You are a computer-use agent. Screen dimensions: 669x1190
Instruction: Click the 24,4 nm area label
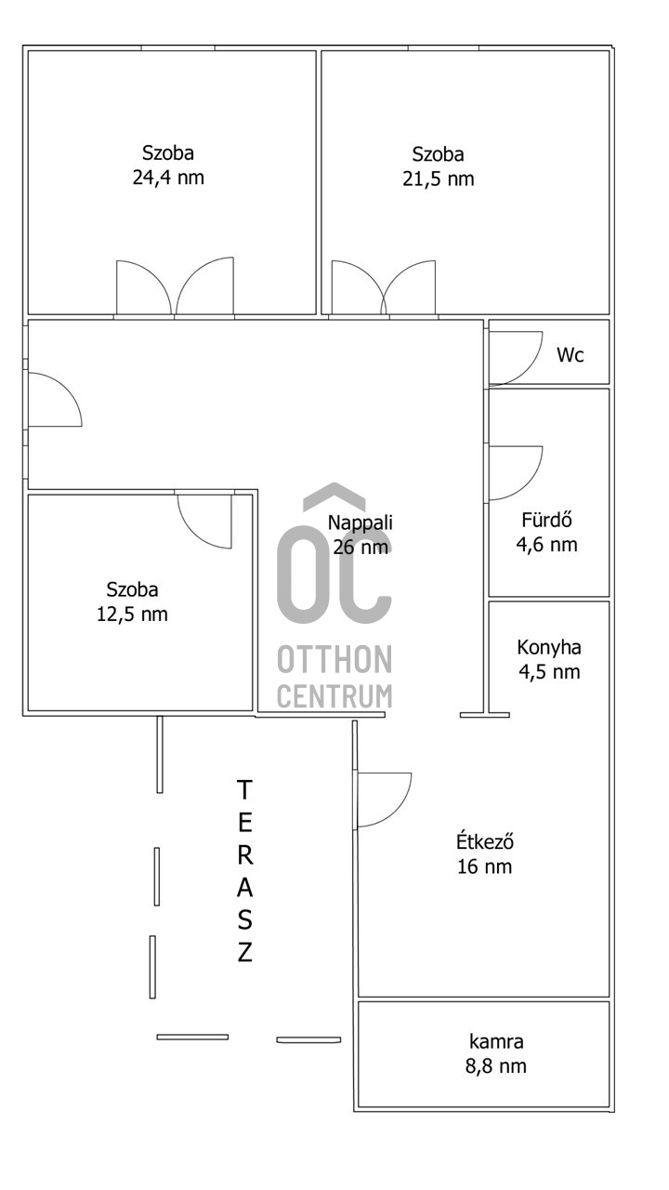click(x=168, y=178)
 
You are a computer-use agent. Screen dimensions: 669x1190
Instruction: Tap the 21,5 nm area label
click(x=438, y=178)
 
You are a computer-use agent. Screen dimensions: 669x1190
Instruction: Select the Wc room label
click(x=571, y=355)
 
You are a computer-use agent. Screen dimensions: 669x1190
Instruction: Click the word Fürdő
click(x=546, y=519)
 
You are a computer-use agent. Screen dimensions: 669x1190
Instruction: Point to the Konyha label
click(x=549, y=647)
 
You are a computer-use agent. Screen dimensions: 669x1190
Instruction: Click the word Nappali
click(x=360, y=522)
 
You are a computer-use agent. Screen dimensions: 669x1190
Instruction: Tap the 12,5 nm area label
click(x=132, y=615)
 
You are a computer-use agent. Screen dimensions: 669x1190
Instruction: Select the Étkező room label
click(x=485, y=841)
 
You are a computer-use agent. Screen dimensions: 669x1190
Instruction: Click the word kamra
click(x=496, y=1042)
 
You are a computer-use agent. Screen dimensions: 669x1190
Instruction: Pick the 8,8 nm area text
click(x=496, y=1066)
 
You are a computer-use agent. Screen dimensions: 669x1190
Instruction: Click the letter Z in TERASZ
click(x=244, y=953)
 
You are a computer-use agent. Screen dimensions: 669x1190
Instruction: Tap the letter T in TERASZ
click(x=243, y=790)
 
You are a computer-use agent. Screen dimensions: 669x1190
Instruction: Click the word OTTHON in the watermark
click(x=334, y=659)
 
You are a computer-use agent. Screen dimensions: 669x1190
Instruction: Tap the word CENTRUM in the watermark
click(x=334, y=696)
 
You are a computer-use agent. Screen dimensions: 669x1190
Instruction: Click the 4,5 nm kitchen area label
click(x=549, y=671)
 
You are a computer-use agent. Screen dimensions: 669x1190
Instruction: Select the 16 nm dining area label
click(x=485, y=866)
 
